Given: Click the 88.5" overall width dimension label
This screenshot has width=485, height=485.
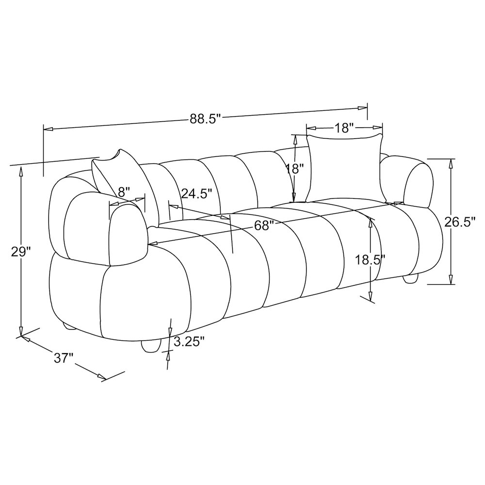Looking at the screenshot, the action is [x=205, y=119].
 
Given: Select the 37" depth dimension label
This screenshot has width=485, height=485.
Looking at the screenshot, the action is [x=64, y=358].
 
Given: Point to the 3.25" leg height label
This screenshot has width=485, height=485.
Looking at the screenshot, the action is [x=189, y=342].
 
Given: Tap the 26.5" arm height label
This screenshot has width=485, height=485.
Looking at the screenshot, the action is [x=459, y=222].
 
